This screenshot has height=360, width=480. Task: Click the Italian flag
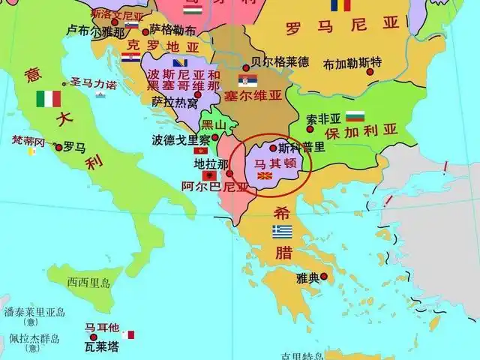tap(49, 99)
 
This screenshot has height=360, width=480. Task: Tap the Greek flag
tap(282, 231)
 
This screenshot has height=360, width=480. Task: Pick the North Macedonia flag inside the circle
tap(264, 176)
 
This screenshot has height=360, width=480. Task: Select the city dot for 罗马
tap(58, 148)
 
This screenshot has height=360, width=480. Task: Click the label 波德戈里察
tap(181, 139)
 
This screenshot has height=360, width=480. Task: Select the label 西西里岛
tap(88, 283)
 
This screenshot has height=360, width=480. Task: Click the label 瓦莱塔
tap(100, 346)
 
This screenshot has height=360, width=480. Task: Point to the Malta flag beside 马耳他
tap(131, 334)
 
